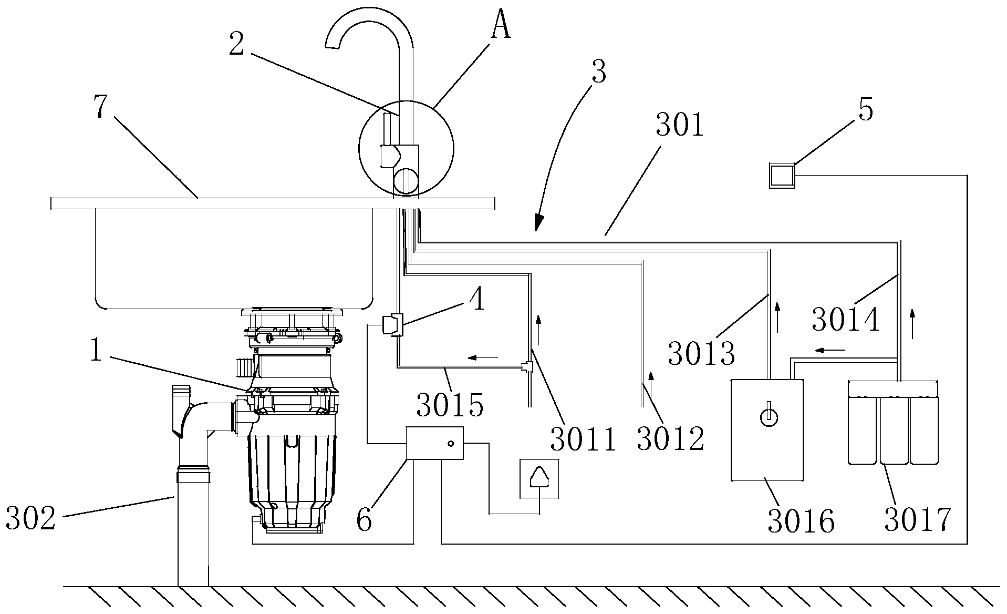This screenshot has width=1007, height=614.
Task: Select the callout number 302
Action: pos(30,518)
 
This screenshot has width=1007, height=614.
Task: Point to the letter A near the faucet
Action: pos(501,27)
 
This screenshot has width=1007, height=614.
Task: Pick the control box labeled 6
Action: pos(435,443)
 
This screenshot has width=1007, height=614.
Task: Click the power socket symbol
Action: pos(538,478)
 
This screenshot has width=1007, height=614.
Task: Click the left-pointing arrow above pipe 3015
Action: pos(483,358)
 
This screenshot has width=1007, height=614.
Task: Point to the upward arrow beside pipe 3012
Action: pos(651,375)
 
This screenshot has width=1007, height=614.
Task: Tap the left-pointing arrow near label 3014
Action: pos(830,350)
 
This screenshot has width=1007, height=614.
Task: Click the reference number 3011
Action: pos(583,439)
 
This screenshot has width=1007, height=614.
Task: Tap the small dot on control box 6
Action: pos(450,443)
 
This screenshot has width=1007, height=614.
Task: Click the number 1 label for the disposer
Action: pos(96,350)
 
